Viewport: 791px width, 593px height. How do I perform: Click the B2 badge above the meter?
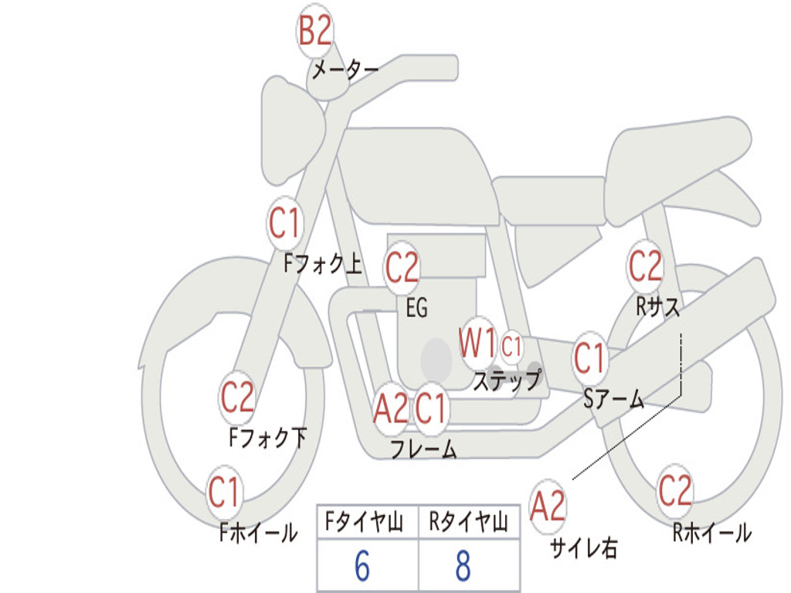[x=315, y=31]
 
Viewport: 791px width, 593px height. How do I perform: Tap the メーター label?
[x=345, y=69]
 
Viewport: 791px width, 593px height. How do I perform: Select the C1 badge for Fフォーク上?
[x=284, y=223]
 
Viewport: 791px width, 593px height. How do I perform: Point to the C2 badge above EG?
[x=402, y=268]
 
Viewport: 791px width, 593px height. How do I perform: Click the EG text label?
[x=416, y=307]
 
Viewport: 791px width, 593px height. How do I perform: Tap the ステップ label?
[x=507, y=380]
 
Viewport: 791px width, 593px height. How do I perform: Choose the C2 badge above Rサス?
[x=645, y=266]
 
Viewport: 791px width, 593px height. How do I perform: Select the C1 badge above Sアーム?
[x=589, y=358]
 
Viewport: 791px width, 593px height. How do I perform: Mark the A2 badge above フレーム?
[x=391, y=408]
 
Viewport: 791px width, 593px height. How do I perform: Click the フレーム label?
[x=424, y=449]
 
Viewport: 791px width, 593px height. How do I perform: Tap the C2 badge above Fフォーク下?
[x=237, y=398]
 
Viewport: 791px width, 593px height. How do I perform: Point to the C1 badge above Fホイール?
[x=224, y=492]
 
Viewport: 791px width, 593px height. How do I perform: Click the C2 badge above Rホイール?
[x=675, y=490]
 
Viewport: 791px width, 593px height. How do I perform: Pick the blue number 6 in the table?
[x=362, y=566]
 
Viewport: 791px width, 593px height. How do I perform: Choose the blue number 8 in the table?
[x=463, y=566]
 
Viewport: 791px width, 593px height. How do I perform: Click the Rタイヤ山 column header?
[x=469, y=522]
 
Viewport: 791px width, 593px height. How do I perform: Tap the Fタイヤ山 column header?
[x=365, y=522]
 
